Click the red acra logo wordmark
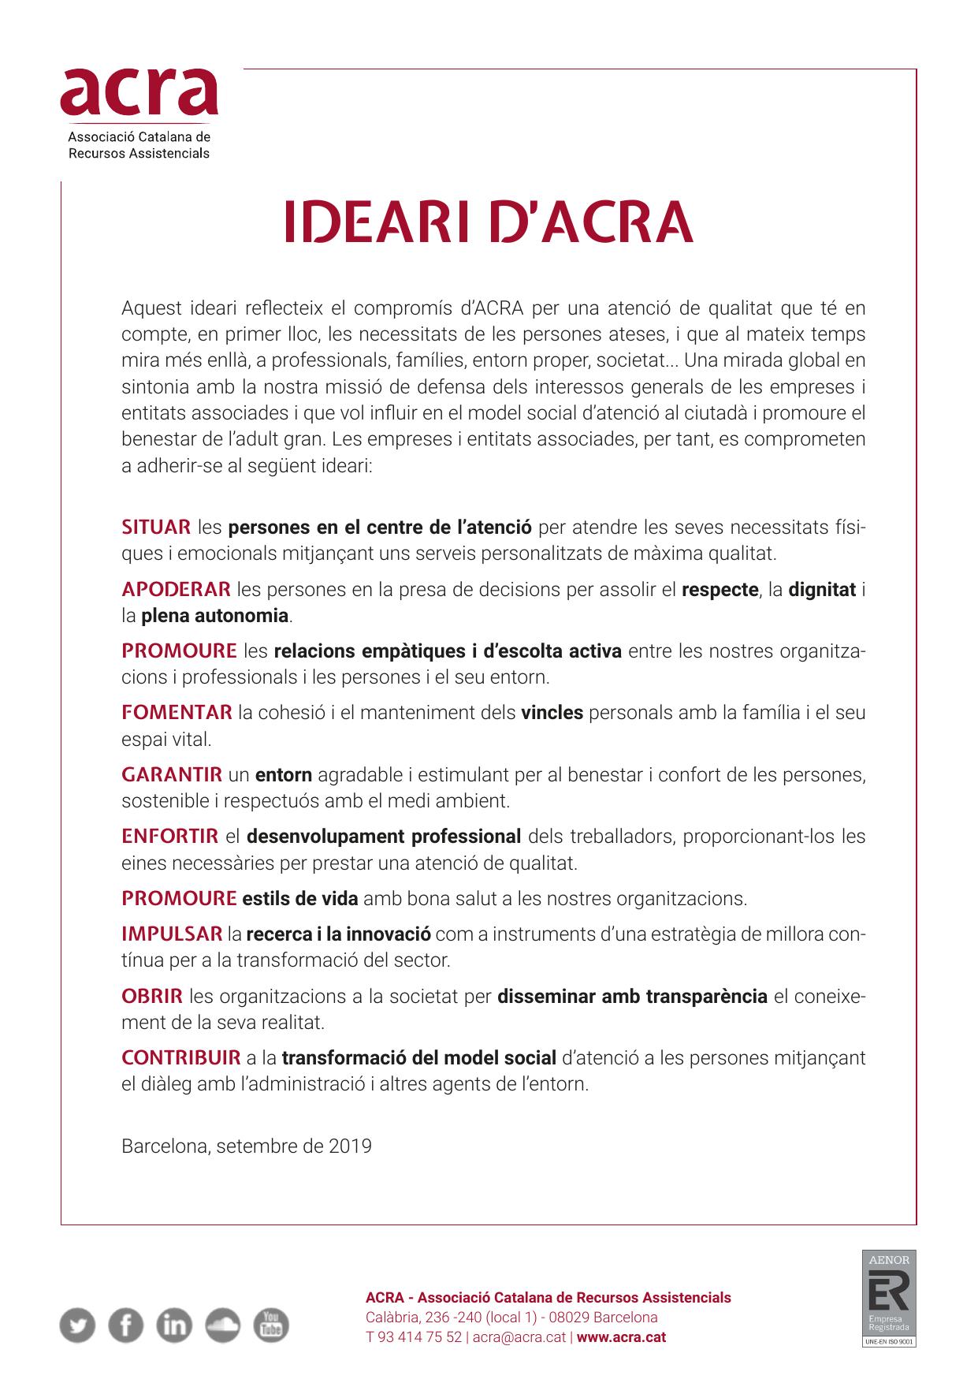[x=139, y=92]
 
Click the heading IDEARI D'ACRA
[x=489, y=223]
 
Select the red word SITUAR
[x=156, y=527]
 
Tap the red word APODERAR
[x=176, y=589]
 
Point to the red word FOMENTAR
[x=177, y=713]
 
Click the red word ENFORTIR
[x=170, y=836]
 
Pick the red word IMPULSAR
[x=172, y=934]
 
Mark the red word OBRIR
[x=152, y=996]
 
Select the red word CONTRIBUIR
[x=181, y=1057]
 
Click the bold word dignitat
[x=822, y=589]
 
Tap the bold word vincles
[x=552, y=713]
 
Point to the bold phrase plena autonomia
[x=215, y=615]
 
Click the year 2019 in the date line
[x=351, y=1146]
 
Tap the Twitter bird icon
[x=77, y=1325]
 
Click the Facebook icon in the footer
[x=125, y=1325]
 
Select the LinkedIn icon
[x=174, y=1325]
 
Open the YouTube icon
[x=271, y=1325]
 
